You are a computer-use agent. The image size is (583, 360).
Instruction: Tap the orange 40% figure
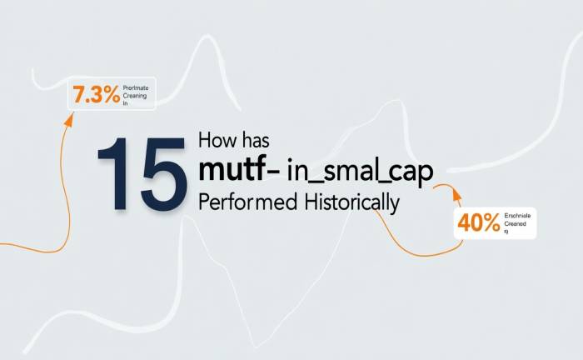coord(478,222)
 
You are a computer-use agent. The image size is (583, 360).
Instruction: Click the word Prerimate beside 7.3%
coord(137,87)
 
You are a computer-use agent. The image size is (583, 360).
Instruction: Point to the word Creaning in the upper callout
coord(137,96)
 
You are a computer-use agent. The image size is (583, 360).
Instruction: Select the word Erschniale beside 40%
coord(517,216)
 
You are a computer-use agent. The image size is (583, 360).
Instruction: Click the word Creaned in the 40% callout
coord(516,223)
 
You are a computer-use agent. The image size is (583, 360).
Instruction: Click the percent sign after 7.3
coord(110,95)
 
